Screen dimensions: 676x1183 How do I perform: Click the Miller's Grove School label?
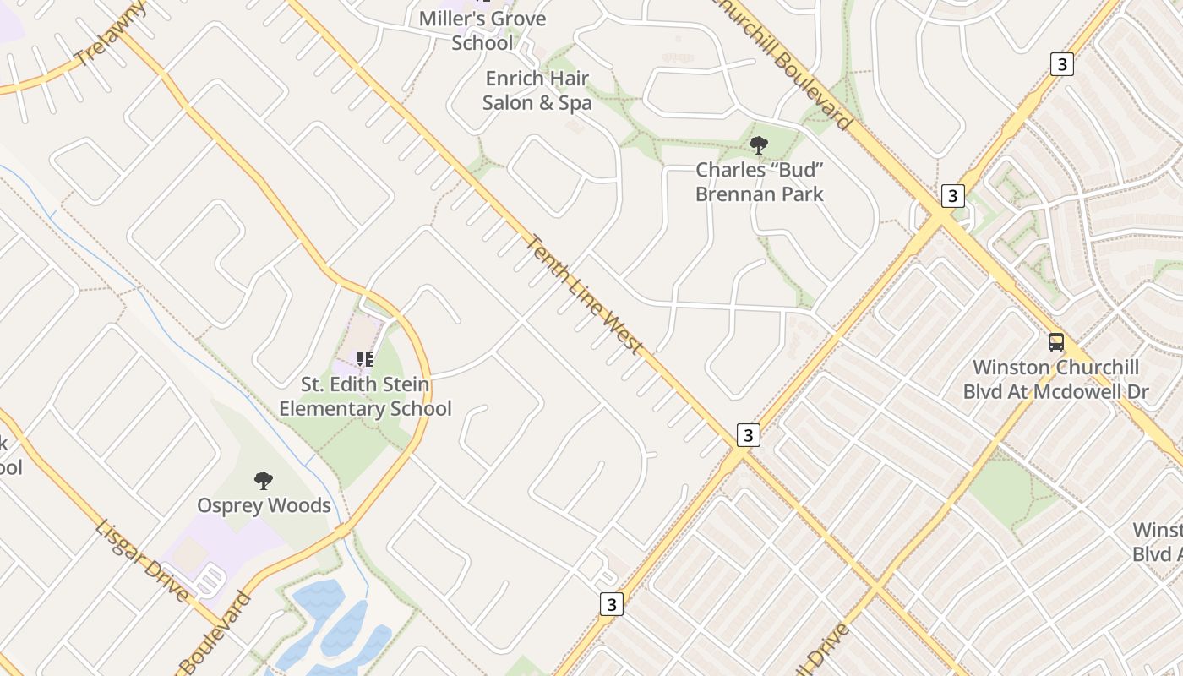tap(482, 30)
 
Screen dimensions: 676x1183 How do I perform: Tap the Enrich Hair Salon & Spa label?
tap(537, 91)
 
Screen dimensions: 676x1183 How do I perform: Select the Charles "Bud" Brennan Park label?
tap(759, 182)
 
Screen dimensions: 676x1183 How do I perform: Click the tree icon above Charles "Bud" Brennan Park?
tap(759, 145)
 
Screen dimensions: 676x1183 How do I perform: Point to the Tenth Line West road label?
tap(584, 295)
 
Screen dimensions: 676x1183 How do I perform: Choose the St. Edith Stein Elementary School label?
tap(365, 397)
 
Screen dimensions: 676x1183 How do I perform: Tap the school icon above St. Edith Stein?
tap(365, 360)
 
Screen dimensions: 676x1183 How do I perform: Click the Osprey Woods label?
tap(264, 505)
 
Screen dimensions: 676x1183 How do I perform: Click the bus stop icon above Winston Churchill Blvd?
tap(1056, 342)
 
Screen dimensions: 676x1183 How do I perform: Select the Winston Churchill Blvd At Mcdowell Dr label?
tap(1055, 379)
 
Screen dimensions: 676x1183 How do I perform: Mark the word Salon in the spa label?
tap(507, 103)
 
